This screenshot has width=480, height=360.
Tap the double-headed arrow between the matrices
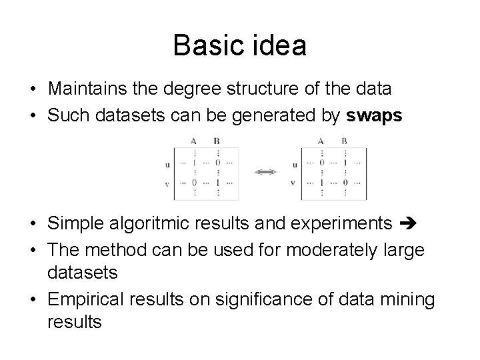pos(265,172)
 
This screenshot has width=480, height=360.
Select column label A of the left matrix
pos(193,141)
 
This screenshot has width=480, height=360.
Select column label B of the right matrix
pos(344,141)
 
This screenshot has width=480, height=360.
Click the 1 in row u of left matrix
pos(193,163)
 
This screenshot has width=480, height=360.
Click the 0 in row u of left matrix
pos(217,163)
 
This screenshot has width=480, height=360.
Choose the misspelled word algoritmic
pos(170,223)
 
